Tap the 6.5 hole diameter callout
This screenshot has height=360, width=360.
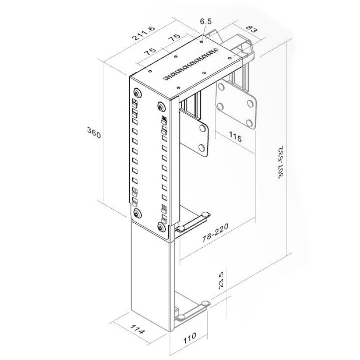point(205,21)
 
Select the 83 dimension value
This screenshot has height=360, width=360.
point(252,29)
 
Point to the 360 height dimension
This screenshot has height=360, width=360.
point(94,133)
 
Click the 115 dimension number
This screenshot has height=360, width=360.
point(235,137)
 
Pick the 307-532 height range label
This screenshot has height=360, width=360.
point(281,162)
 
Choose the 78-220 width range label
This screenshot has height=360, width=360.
point(215,233)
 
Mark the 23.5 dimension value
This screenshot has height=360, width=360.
point(221,280)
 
